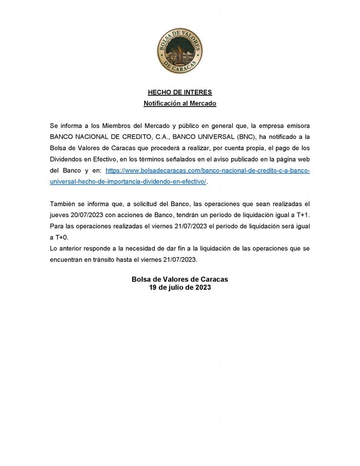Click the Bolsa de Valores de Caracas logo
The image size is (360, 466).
(x=180, y=51)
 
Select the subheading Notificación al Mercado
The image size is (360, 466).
(x=180, y=103)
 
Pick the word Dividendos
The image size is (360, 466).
(x=66, y=159)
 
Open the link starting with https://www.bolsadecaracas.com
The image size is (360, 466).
(x=208, y=170)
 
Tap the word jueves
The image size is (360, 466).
(x=60, y=215)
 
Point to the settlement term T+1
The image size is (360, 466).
(x=302, y=215)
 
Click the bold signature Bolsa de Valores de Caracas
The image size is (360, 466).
(x=180, y=279)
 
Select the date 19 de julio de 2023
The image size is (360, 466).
(x=180, y=288)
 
